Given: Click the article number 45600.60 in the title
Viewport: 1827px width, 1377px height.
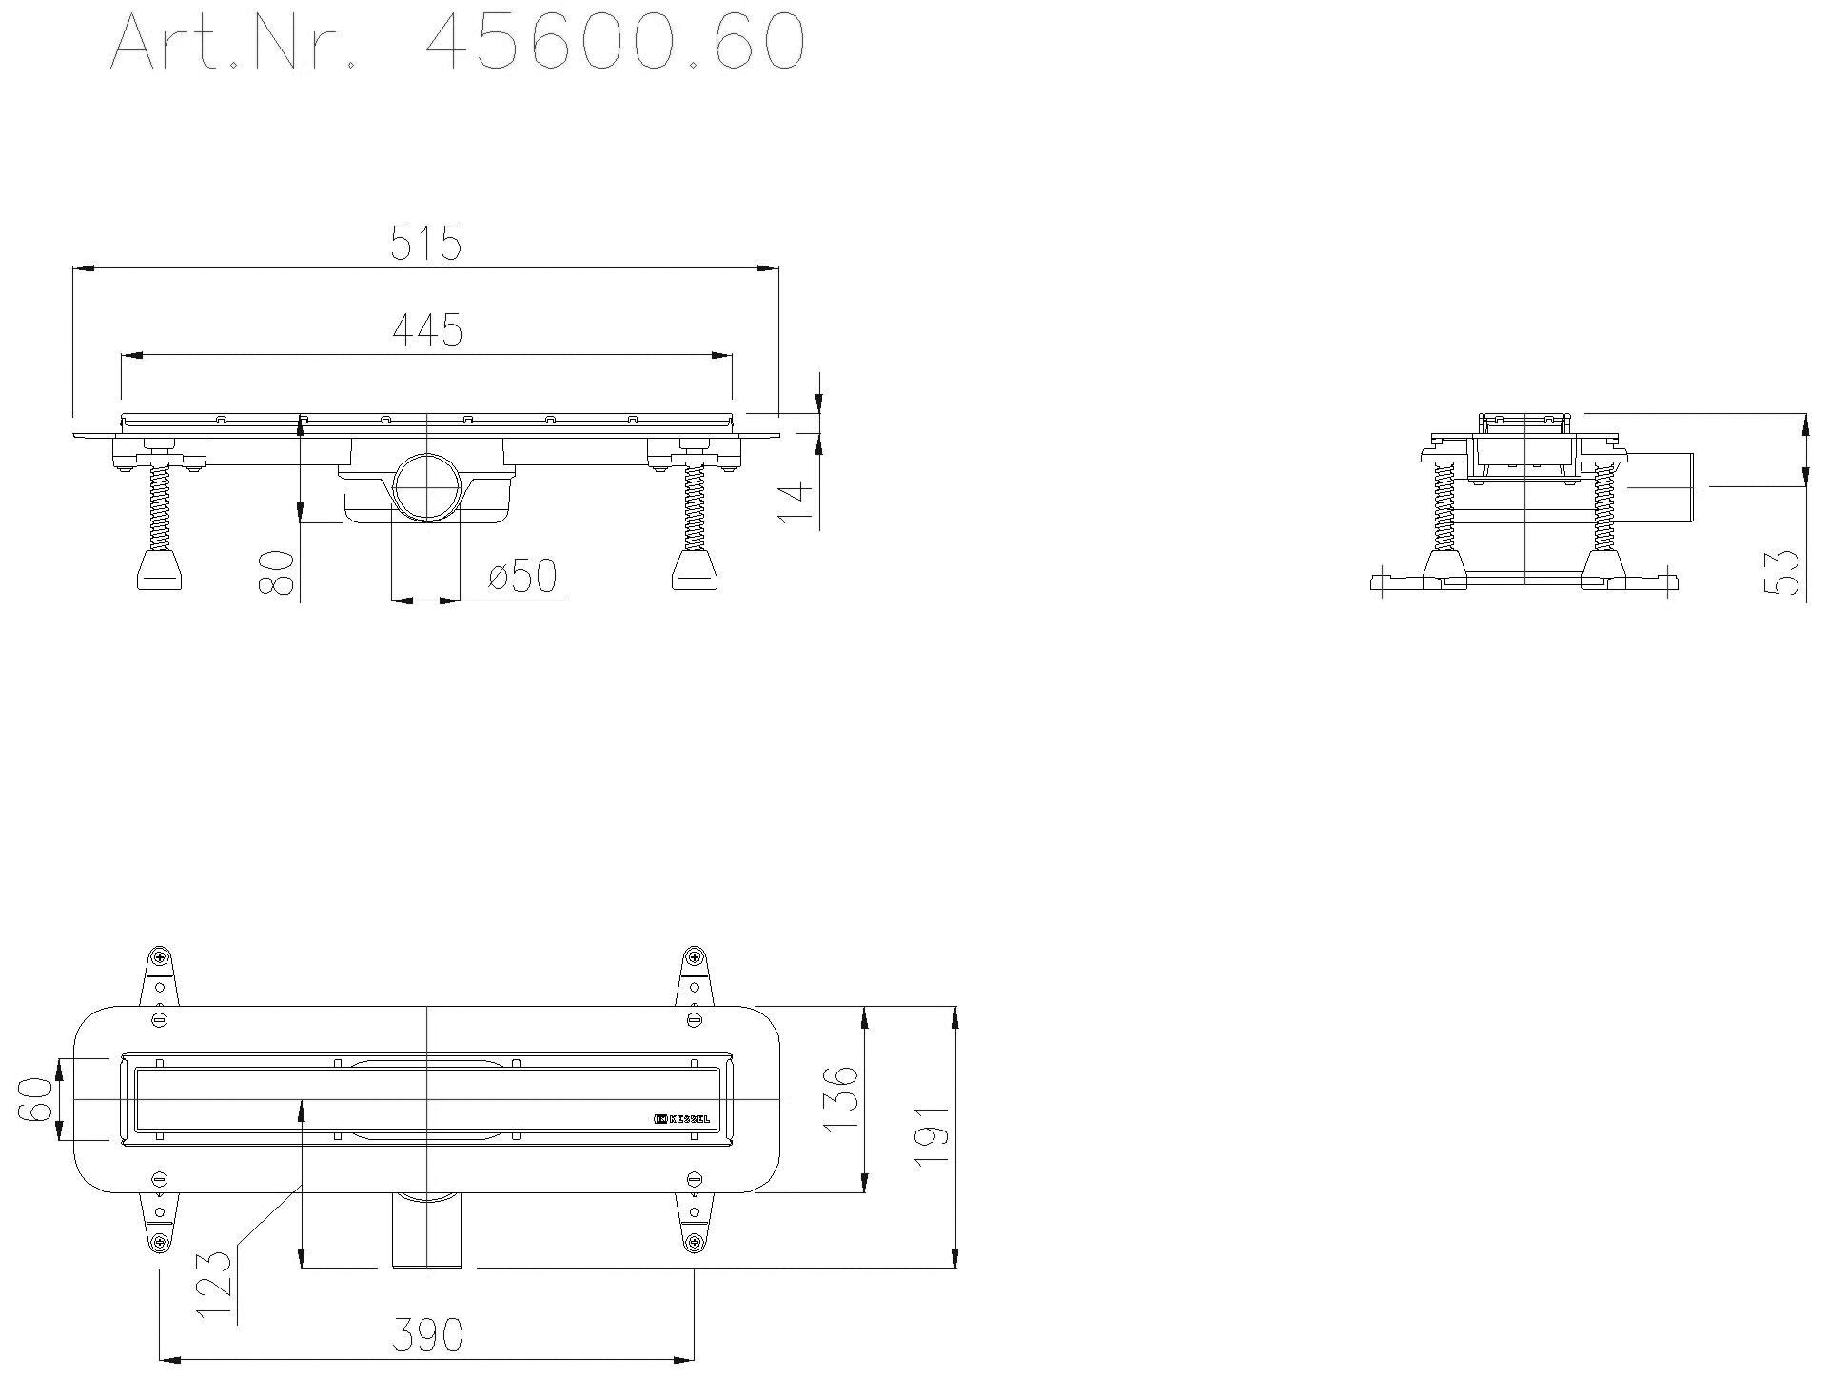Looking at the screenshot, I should point(614,43).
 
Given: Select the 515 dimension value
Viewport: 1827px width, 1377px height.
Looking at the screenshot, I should point(425,244).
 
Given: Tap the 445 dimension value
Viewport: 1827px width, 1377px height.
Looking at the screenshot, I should point(427,329).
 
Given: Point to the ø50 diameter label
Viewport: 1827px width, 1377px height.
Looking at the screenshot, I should point(521,575).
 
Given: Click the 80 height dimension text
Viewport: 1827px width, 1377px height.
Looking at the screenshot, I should point(275,572).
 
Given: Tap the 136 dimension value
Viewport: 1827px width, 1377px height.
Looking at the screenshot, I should point(840,1100).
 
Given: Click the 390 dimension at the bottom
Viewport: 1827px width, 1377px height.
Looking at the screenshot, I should point(427,1334).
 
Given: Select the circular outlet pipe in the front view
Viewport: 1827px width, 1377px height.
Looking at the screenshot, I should point(426,486).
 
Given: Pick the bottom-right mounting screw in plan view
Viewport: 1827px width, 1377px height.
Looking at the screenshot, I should point(694,1241).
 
